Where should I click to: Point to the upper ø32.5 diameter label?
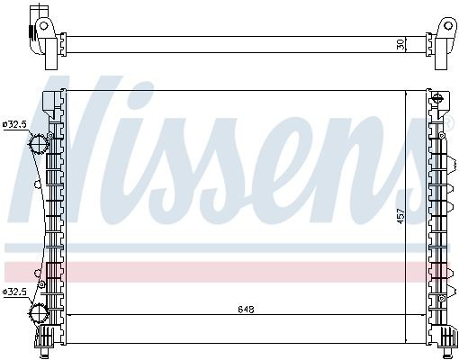(x=15, y=124)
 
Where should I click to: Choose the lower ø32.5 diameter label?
(x=15, y=292)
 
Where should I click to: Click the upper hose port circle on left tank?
(x=40, y=144)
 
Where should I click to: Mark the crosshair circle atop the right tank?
(x=436, y=97)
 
